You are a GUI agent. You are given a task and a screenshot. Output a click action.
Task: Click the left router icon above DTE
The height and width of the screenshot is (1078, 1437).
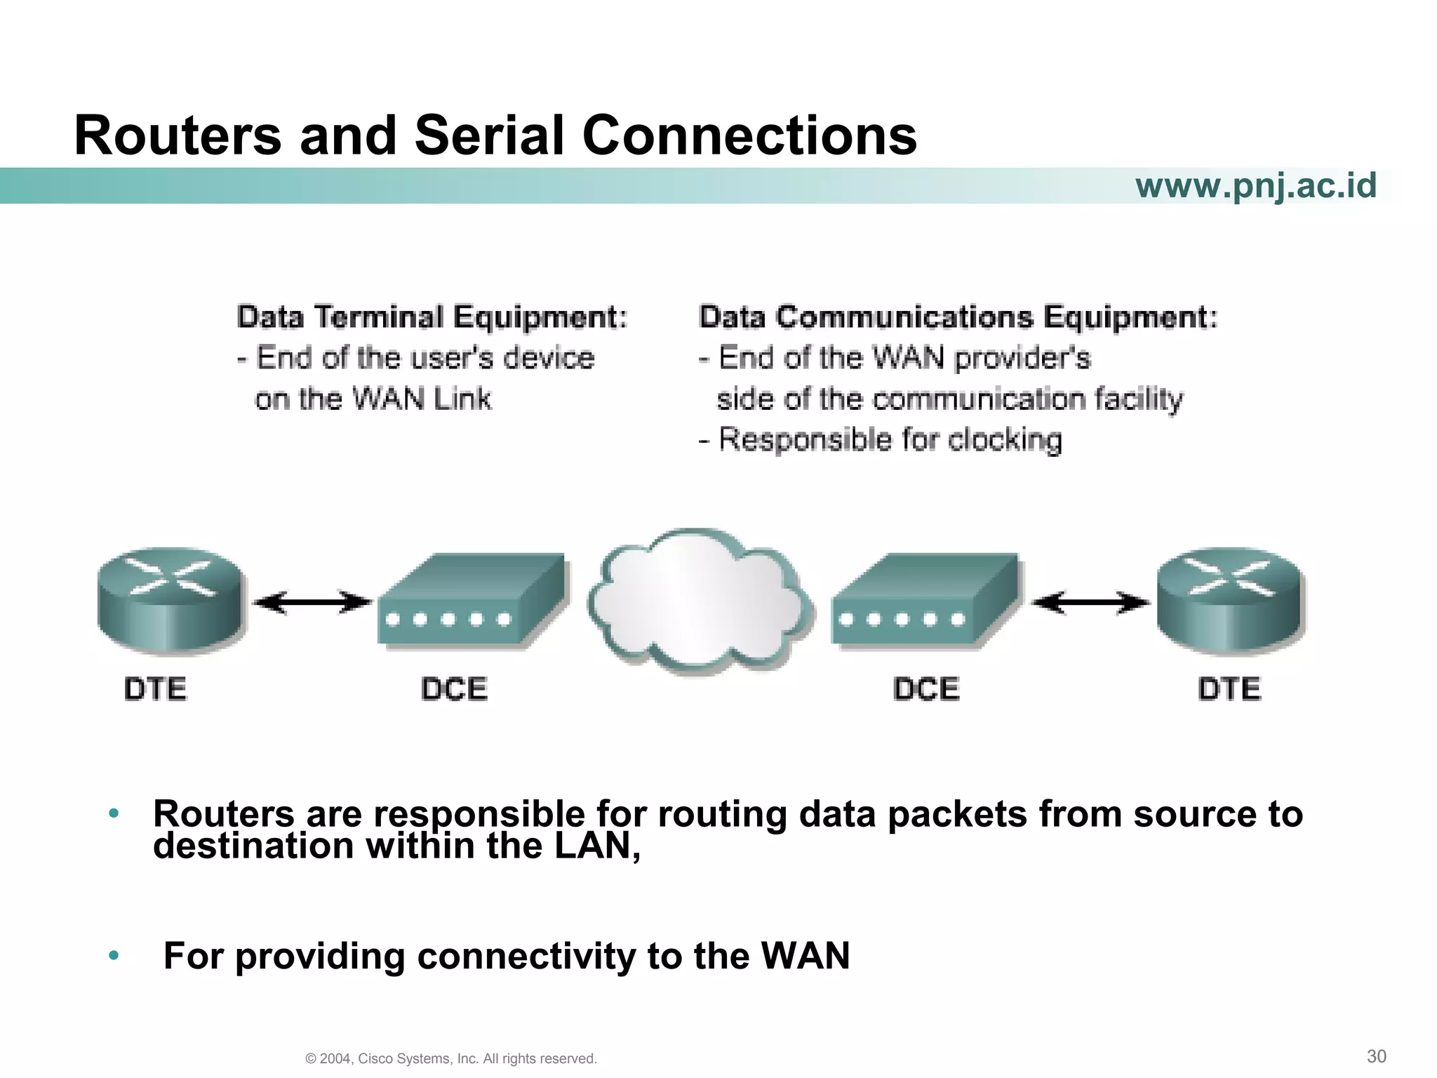click(171, 601)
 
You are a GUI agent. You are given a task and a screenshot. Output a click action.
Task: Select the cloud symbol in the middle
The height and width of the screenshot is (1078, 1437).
click(698, 602)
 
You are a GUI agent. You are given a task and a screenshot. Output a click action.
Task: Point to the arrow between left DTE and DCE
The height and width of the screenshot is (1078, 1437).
click(312, 602)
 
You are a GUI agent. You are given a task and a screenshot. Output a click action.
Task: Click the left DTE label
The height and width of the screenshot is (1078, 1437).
click(156, 689)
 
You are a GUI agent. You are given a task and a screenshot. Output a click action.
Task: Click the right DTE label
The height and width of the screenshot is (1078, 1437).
click(1229, 689)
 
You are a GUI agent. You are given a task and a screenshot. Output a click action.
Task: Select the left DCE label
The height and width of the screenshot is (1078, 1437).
click(455, 689)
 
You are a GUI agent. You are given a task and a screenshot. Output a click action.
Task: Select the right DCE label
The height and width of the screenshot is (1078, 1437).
click(926, 689)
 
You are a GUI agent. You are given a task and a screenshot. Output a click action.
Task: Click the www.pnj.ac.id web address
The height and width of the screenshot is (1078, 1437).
click(1256, 186)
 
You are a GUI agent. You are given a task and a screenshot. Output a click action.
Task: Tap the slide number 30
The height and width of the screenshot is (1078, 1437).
click(1377, 1056)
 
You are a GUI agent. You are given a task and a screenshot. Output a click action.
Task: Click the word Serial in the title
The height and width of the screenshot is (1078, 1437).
click(489, 135)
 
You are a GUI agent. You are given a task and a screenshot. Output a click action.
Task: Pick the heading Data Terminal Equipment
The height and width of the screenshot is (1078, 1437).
click(432, 317)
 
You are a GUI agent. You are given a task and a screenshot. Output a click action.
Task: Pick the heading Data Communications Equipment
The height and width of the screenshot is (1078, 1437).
click(958, 317)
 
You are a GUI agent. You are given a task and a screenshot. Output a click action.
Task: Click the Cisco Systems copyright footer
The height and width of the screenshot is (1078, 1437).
click(451, 1058)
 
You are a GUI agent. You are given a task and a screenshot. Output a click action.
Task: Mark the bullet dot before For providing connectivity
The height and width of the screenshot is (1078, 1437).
click(114, 956)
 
